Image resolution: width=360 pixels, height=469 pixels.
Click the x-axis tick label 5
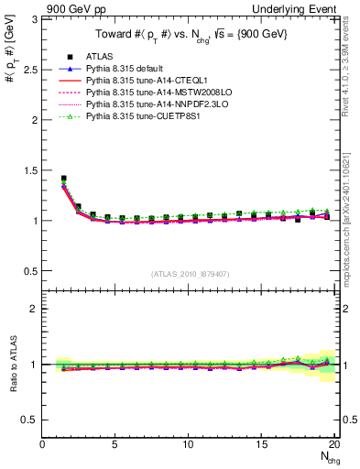(115, 444)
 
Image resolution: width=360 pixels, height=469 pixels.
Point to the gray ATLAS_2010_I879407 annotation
(191, 273)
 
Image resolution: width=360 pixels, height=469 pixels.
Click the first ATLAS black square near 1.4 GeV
(63, 179)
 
